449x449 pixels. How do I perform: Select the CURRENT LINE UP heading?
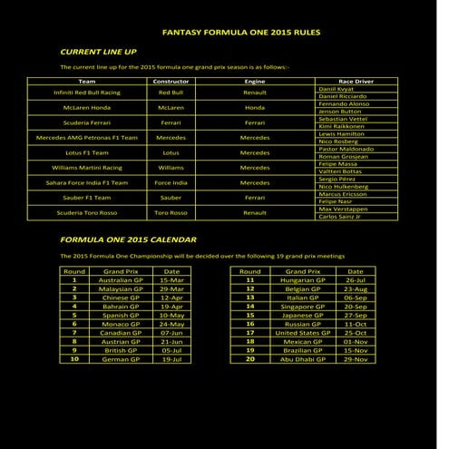[98, 52]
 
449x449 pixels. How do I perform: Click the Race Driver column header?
[356, 81]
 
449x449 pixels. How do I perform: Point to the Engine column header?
[255, 81]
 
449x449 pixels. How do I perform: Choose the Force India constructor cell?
[171, 182]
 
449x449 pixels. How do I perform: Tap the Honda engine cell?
[255, 106]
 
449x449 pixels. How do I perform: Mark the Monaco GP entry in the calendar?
[121, 324]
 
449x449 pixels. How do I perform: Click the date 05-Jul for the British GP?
[171, 349]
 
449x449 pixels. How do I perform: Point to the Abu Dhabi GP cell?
[302, 358]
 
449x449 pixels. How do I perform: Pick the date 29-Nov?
[356, 358]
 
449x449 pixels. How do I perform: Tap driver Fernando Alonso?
[345, 103]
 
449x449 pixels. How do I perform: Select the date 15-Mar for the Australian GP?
[171, 280]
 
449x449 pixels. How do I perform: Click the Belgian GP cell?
[302, 288]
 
